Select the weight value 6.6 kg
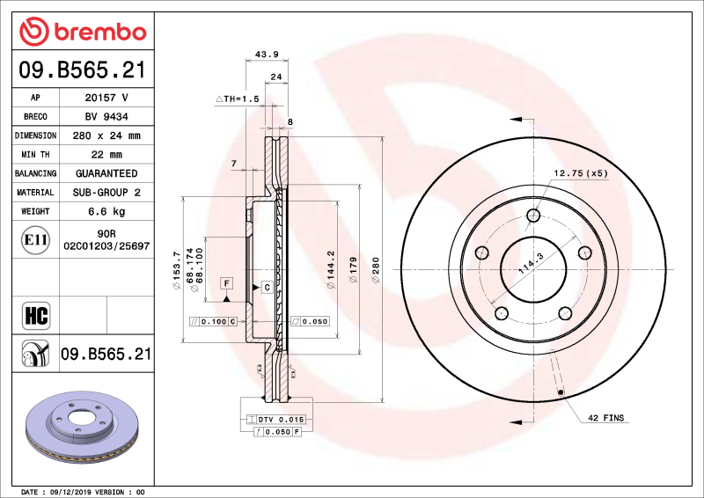[x=106, y=211]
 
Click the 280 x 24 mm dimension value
[x=106, y=135]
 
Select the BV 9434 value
[x=106, y=116]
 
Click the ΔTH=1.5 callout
[x=238, y=100]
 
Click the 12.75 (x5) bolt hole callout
[x=581, y=172]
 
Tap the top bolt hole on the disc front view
[x=533, y=216]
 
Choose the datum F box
[x=226, y=283]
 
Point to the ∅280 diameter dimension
[x=376, y=264]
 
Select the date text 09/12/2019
[x=75, y=492]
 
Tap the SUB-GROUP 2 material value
[x=106, y=192]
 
